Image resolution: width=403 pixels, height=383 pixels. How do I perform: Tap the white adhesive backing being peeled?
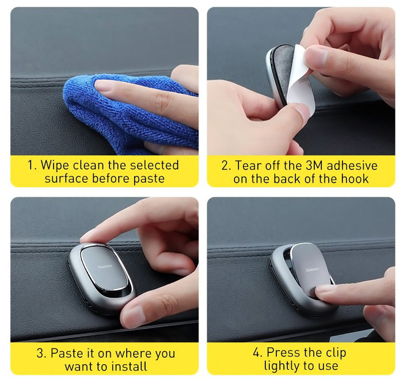point(301,82)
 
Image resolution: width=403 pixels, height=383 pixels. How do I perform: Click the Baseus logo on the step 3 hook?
point(105,267)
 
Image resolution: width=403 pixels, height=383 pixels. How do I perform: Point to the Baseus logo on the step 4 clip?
point(312,270)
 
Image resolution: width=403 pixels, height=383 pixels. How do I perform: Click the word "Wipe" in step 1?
point(55,165)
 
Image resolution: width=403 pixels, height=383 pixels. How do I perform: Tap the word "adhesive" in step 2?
point(352,165)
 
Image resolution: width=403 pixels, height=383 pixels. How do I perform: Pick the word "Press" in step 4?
point(282,352)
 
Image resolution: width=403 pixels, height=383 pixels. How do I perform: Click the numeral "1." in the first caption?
point(32,165)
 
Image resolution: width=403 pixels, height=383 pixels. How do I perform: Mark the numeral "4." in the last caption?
point(257,352)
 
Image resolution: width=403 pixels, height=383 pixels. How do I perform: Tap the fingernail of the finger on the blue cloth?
point(103,85)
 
